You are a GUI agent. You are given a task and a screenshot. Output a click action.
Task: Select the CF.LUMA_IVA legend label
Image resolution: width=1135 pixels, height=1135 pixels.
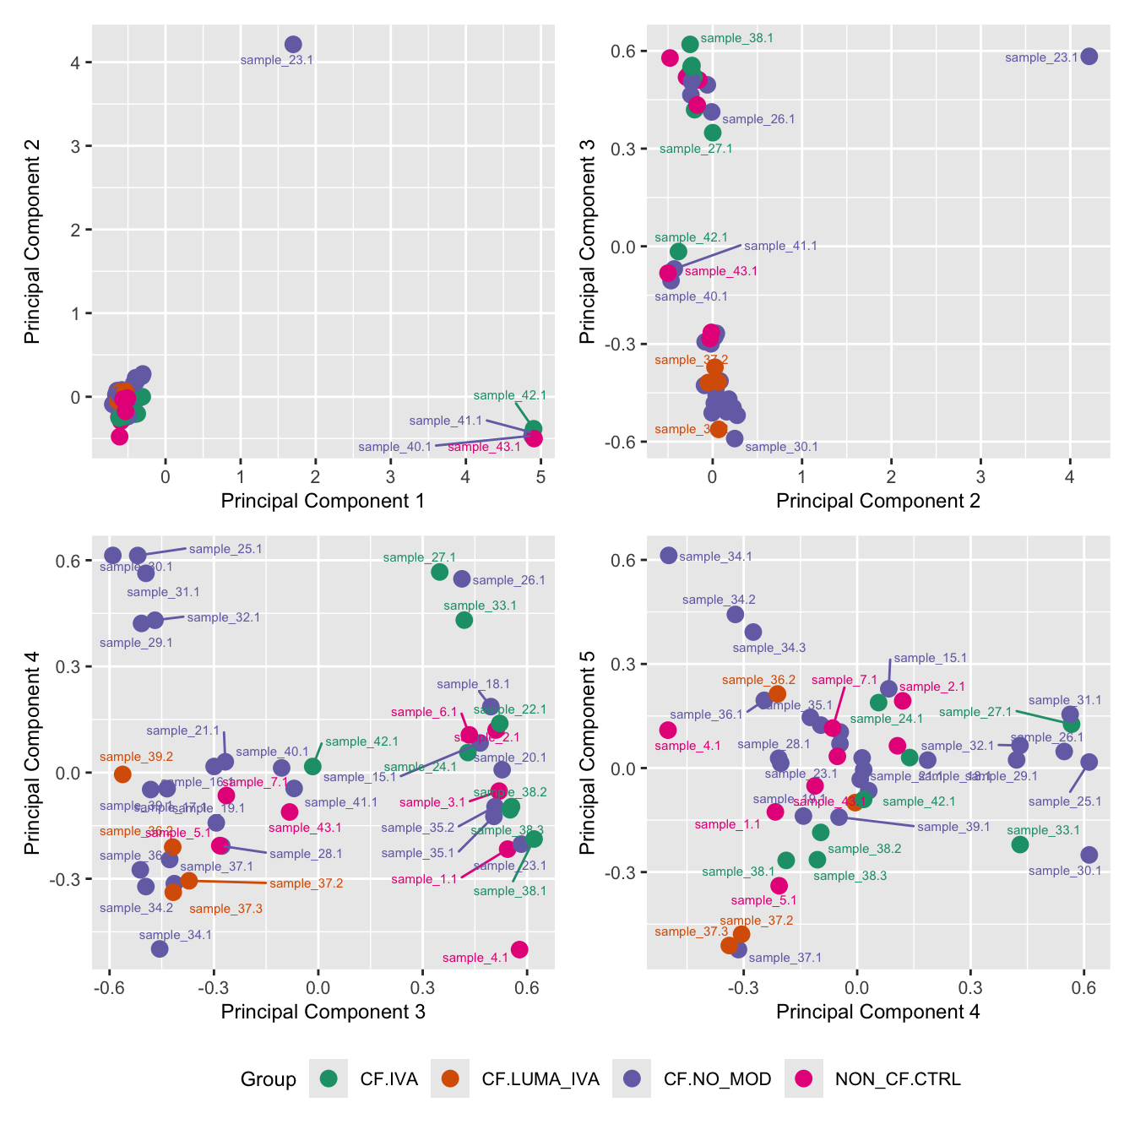pos(540,1078)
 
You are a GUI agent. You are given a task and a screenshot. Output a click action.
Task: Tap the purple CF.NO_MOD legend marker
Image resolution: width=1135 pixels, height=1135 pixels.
pos(632,1078)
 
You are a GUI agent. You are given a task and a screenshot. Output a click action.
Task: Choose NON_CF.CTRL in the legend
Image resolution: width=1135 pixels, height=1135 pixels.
pos(898,1078)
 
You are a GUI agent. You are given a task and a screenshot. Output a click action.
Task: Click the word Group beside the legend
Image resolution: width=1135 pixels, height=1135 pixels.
pos(269,1079)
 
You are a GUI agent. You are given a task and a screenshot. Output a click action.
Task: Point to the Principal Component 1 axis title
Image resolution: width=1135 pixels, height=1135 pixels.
pos(323,501)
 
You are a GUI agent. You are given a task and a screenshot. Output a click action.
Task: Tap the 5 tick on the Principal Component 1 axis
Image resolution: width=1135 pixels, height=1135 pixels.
pos(540,477)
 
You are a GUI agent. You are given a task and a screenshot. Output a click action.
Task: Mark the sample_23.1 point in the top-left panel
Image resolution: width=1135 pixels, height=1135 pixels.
pos(293,45)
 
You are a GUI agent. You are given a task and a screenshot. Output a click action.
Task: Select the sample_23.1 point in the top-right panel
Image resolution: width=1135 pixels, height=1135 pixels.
pos(1089,57)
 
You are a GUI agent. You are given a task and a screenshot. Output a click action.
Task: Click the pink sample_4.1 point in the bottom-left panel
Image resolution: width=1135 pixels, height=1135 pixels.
pos(519,949)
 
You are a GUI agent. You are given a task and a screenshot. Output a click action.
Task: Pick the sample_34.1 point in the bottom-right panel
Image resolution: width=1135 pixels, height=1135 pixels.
pos(669,556)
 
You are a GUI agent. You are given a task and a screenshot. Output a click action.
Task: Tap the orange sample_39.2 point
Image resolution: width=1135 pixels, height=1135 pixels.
pos(122,774)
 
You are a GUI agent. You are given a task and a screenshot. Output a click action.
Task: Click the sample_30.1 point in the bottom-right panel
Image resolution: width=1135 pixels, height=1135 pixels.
pos(1089,855)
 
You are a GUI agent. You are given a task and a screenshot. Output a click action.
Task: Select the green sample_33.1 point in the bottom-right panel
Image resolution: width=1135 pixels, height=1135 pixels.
pos(1020,844)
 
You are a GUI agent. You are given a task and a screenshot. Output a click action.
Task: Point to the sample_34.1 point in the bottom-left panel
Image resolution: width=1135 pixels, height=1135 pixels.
pos(160,948)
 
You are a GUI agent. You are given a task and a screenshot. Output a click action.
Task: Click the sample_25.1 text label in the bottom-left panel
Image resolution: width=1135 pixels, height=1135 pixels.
pos(225,549)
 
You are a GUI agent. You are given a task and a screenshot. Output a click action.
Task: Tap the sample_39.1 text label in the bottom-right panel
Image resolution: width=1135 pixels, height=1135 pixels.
pos(953,827)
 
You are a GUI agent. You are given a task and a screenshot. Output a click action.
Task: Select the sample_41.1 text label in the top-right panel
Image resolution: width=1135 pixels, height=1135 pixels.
pos(780,246)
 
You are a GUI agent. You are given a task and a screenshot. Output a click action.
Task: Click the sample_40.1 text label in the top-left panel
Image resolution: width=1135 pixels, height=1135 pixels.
pos(394,447)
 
